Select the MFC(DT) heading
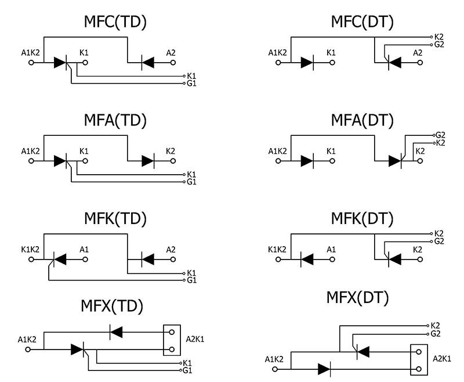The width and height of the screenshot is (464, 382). pos(362,23)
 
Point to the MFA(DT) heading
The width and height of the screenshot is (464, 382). pos(362,121)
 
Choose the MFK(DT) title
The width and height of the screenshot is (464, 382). pos(362,219)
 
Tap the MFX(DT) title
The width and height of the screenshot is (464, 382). pos(358,298)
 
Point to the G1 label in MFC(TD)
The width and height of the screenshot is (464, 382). pos(191,84)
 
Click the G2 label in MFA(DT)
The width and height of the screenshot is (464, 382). pos(440,135)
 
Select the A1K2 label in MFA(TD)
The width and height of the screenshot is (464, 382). pos(30,152)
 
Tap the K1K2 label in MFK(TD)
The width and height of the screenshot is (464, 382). pos(30,249)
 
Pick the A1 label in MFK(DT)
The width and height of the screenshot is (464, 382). pos(331,249)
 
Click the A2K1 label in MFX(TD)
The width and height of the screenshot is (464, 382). pos(197,340)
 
